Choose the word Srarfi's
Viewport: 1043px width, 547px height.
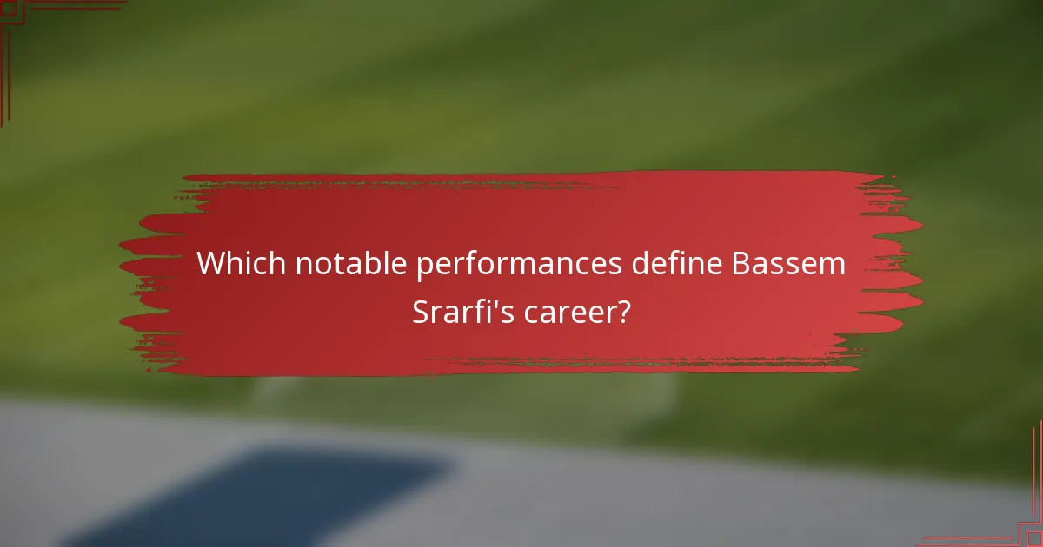point(463,312)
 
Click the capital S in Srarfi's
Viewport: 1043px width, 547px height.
point(420,312)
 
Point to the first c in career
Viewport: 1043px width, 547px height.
point(531,313)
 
